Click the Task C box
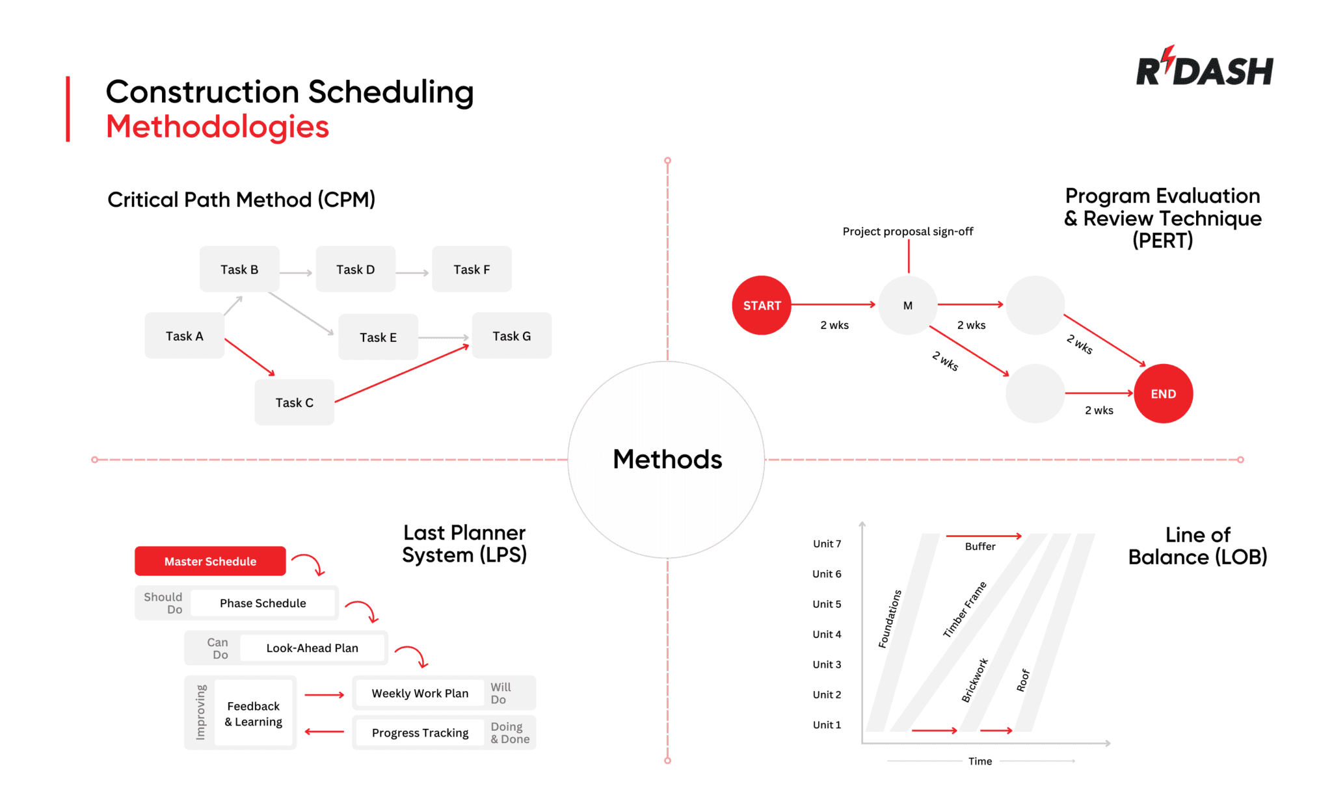294,402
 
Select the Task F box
472,269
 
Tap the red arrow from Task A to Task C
250,357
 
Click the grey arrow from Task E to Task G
444,337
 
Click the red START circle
762,306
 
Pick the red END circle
1163,394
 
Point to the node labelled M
907,306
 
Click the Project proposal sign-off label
907,231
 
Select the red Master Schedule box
210,561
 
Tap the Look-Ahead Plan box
312,648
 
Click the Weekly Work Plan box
420,693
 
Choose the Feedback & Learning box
254,714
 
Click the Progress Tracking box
420,733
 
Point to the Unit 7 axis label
827,544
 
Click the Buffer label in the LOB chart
979,547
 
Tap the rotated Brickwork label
974,680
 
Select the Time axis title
979,761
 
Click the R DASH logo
1204,68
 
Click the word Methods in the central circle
667,460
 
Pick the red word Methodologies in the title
217,127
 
